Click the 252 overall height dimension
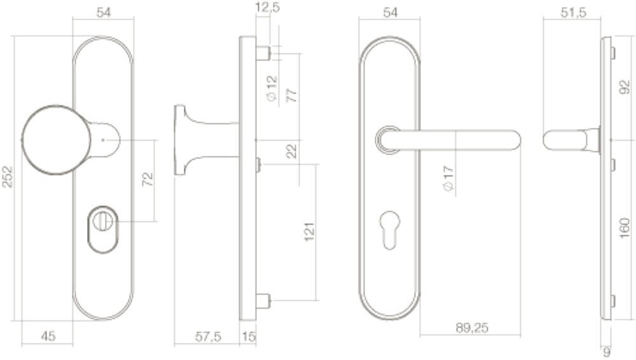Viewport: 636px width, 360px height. [x=7, y=177]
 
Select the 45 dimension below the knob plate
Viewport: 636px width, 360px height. [x=47, y=336]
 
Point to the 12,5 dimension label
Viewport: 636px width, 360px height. [x=268, y=8]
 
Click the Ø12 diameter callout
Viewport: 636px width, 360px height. [x=272, y=88]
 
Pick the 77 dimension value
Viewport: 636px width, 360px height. [x=292, y=96]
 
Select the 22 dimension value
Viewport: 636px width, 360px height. [x=292, y=151]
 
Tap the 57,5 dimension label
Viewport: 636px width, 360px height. [x=207, y=337]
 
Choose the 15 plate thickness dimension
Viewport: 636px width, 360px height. [x=248, y=337]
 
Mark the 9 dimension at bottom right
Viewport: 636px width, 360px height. [x=607, y=350]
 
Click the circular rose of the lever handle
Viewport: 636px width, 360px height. [x=385, y=141]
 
